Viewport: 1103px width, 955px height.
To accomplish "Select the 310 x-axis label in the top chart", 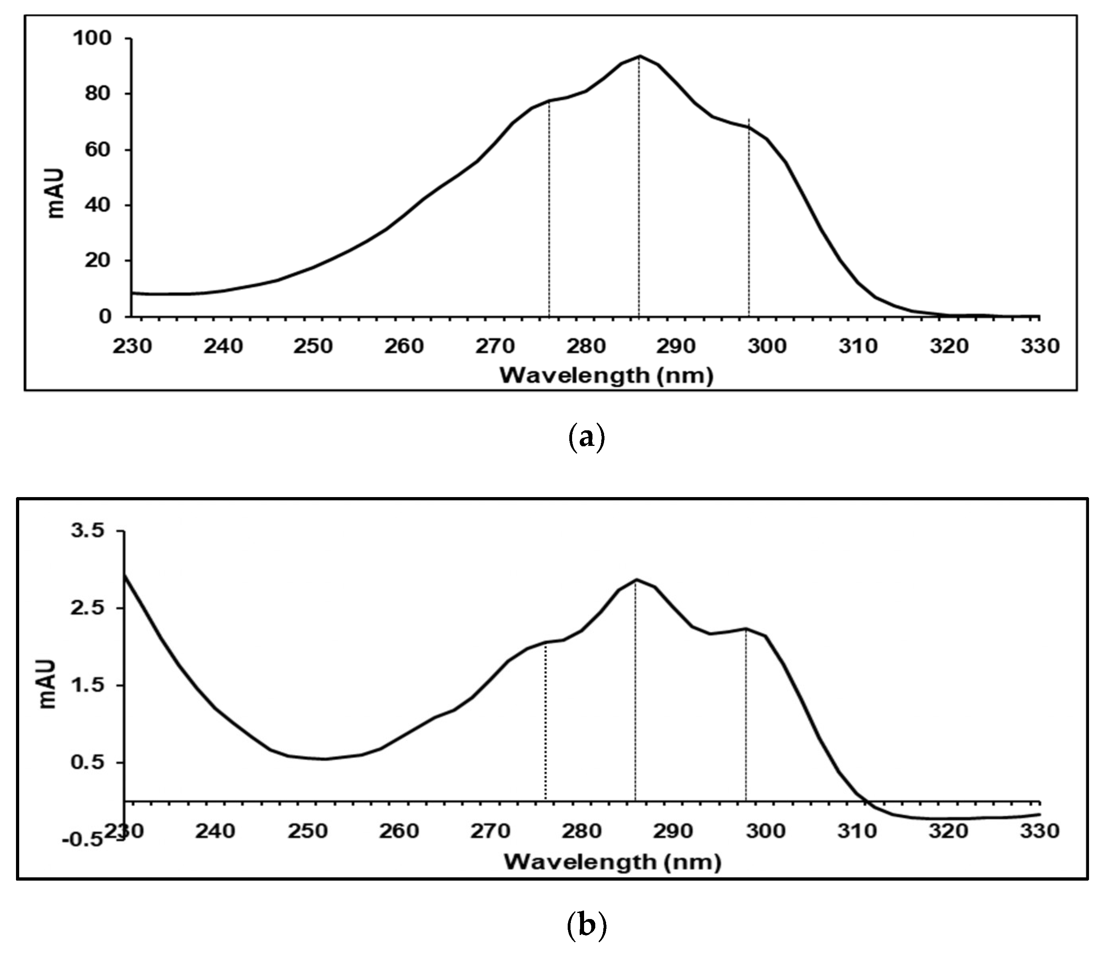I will point(859,346).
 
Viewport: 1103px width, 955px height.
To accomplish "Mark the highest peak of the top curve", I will point(639,56).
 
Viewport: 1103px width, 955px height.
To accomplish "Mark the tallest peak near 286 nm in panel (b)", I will point(636,580).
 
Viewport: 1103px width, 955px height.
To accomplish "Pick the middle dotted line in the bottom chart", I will point(635,693).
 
